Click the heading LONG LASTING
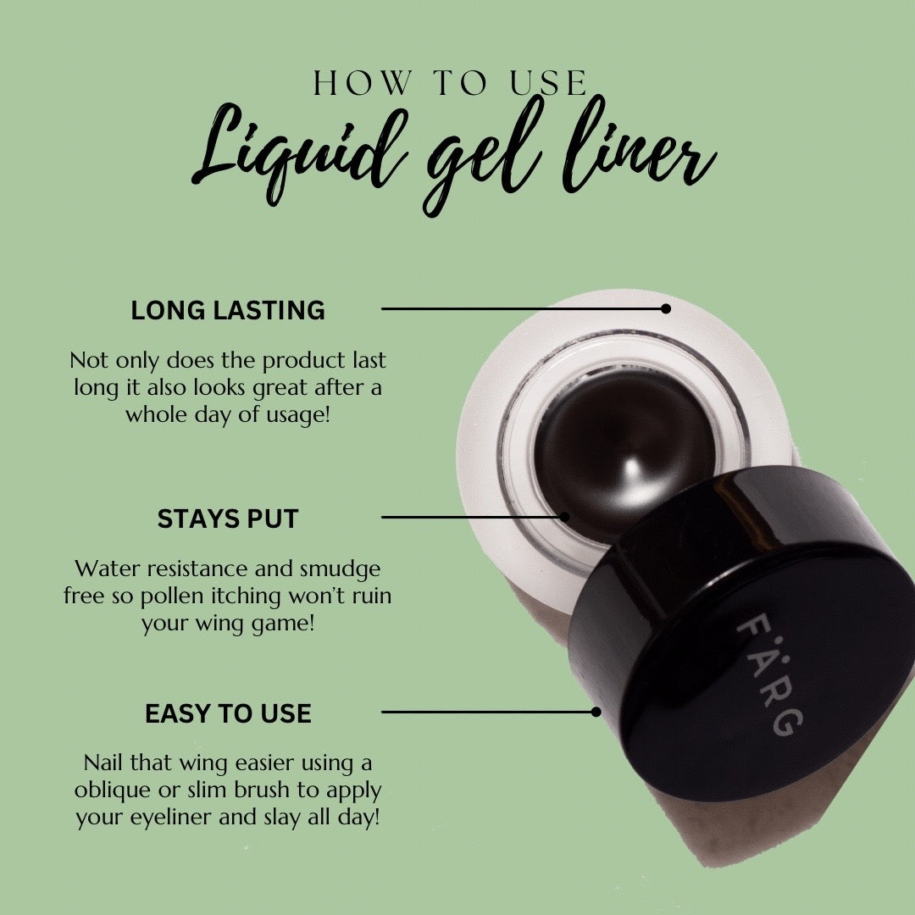click(228, 310)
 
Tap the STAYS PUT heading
click(228, 518)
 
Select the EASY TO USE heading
click(228, 713)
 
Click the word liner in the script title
click(639, 149)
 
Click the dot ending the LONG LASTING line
click(666, 308)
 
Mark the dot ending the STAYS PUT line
click(564, 517)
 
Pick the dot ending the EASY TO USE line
click(596, 712)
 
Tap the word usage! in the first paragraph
click(299, 415)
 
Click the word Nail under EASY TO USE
click(103, 762)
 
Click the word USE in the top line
click(548, 83)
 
